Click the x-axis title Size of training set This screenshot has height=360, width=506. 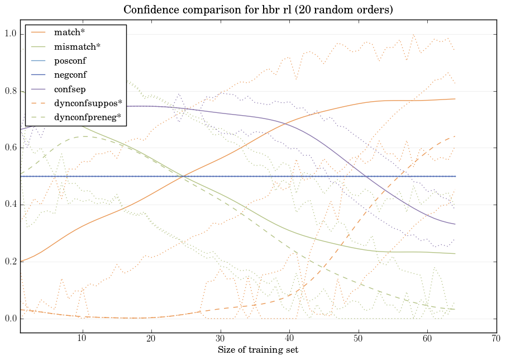click(x=257, y=350)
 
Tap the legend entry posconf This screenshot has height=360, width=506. click(x=70, y=60)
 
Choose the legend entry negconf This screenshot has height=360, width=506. click(x=70, y=74)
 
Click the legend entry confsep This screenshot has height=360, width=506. click(x=69, y=88)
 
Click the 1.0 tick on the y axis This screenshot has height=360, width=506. click(x=10, y=35)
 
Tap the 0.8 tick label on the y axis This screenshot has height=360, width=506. click(x=10, y=92)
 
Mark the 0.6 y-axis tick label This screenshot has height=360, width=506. click(x=10, y=148)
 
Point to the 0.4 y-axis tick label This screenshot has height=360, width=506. click(x=10, y=205)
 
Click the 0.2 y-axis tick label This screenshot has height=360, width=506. click(x=10, y=262)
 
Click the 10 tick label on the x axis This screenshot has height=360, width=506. click(x=83, y=338)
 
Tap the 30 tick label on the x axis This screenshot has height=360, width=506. click(x=221, y=338)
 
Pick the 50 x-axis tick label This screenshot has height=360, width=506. click(x=359, y=338)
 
